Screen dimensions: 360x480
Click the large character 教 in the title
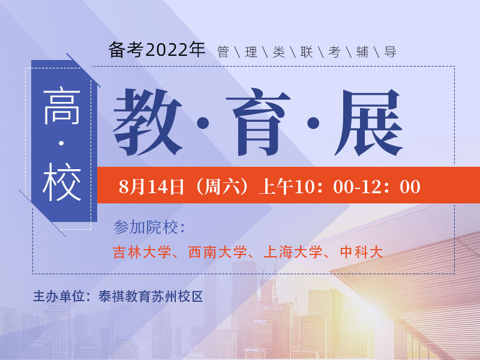[x=148, y=122]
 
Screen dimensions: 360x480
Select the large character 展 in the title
[x=368, y=122]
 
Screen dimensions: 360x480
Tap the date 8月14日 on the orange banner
[x=151, y=187]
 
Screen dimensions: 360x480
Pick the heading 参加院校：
[x=149, y=228]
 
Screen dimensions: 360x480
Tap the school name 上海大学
[x=293, y=252]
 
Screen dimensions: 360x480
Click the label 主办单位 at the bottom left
[x=57, y=296]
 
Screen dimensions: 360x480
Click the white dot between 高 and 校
[x=62, y=144]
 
